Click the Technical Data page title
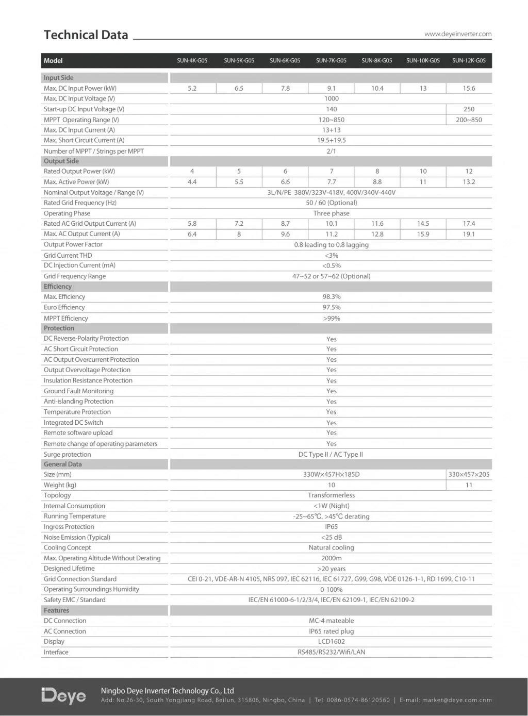[x=86, y=35]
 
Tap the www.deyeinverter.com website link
[x=458, y=34]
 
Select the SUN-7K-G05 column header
[x=331, y=61]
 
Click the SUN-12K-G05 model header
[x=469, y=61]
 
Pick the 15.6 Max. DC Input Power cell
[x=469, y=89]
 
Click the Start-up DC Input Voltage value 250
[x=469, y=109]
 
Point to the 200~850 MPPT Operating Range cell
[x=469, y=120]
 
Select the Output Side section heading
[x=61, y=161]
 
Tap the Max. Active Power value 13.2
[x=469, y=182]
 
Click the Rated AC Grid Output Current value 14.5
[x=423, y=224]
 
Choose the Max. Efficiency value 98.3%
[x=332, y=297]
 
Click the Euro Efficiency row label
[x=64, y=307]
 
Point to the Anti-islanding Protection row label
[x=78, y=402]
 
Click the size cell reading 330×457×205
[x=469, y=475]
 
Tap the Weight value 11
[x=469, y=485]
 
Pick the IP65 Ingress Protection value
[x=332, y=527]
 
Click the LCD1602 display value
[x=332, y=642]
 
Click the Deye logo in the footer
[x=64, y=696]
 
